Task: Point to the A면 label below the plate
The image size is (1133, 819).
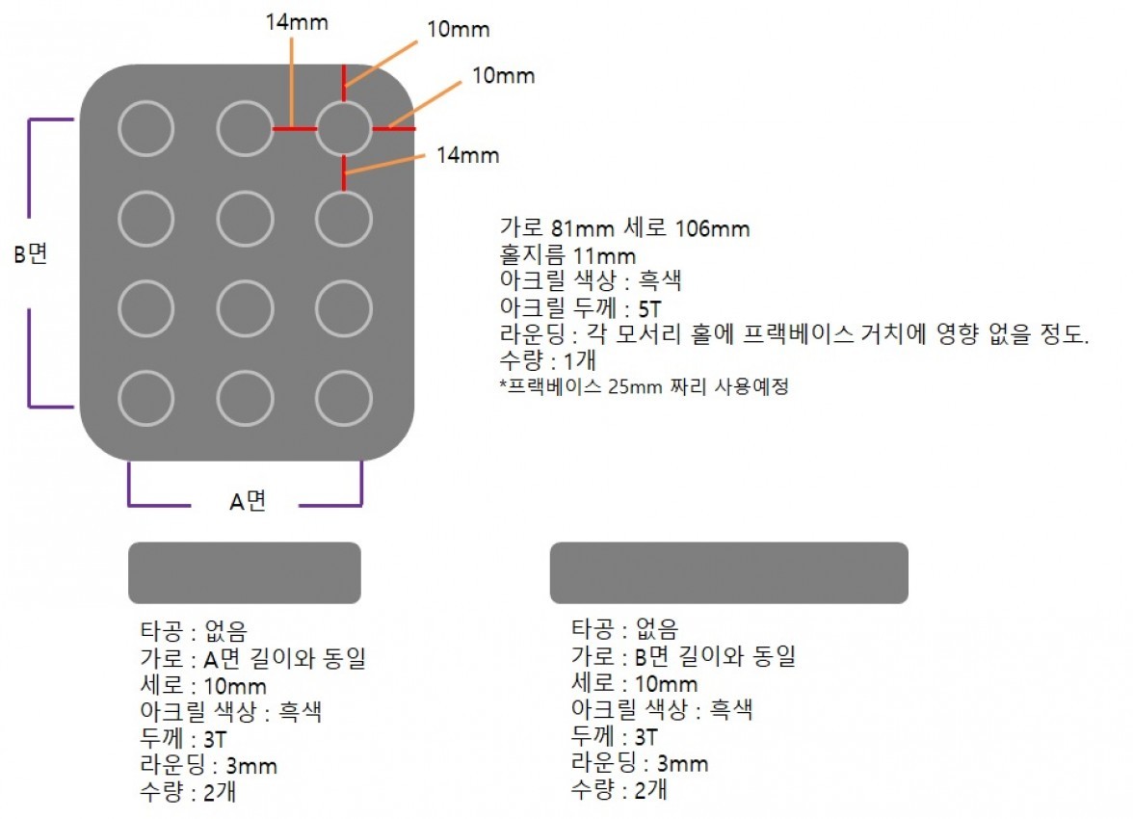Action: (x=248, y=500)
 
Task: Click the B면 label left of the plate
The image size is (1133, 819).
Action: (x=31, y=253)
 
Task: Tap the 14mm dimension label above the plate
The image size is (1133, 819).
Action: (x=297, y=22)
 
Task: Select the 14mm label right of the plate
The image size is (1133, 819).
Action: (x=467, y=155)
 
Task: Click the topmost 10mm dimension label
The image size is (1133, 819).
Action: (x=459, y=30)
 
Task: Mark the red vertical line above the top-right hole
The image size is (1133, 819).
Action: (x=344, y=83)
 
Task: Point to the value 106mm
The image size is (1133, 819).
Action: (x=712, y=228)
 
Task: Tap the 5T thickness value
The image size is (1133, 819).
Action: (x=649, y=308)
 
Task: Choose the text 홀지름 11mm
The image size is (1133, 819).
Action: (x=567, y=255)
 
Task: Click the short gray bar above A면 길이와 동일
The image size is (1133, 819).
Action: (x=245, y=572)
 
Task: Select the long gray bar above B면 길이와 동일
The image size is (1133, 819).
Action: (x=729, y=572)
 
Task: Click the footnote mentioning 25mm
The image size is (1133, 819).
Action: (x=644, y=386)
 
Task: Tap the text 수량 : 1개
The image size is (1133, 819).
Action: (x=547, y=359)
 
